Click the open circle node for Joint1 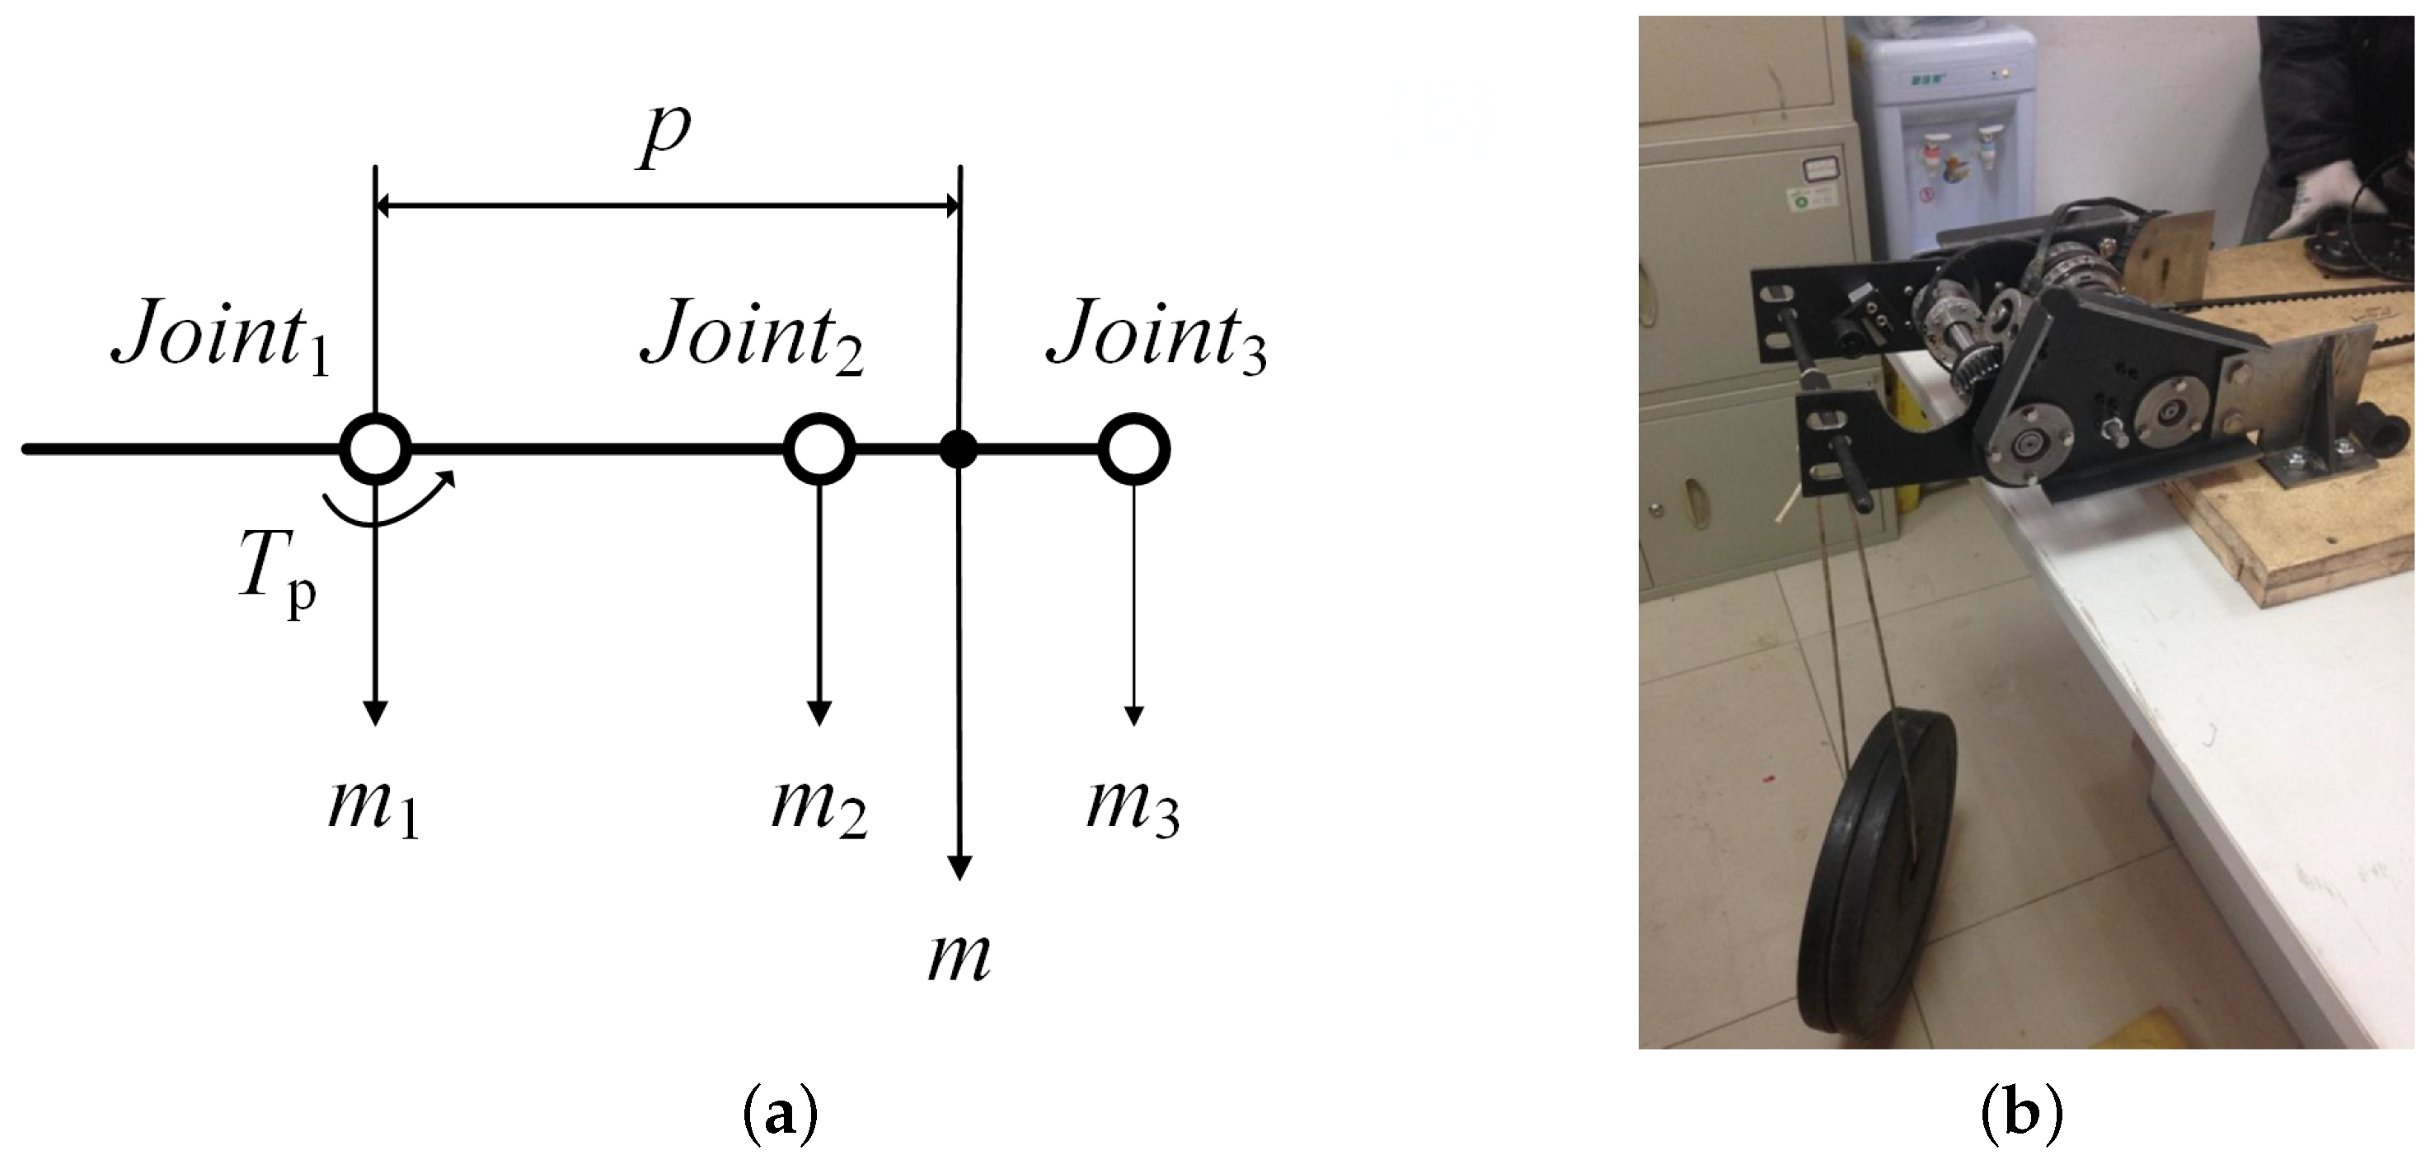375,449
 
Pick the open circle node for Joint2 819,449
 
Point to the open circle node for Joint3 1134,449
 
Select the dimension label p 664,135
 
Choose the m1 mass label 373,808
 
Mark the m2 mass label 819,808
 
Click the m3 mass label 1133,808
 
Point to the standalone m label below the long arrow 959,956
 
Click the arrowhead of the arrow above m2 819,713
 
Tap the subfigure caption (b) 2021,1115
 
